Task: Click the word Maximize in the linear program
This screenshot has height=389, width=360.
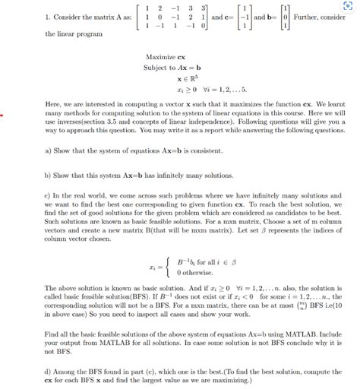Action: click(161, 58)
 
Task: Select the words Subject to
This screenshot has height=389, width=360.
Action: click(159, 68)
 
